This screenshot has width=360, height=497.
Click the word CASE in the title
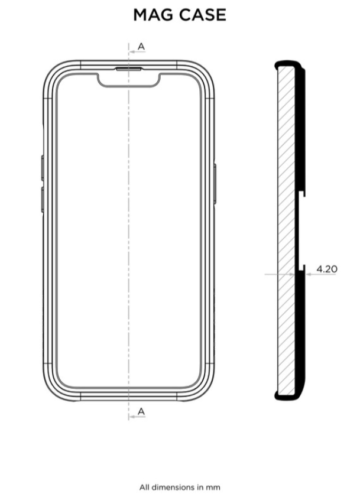[x=202, y=15]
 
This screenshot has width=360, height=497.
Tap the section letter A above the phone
[x=141, y=46]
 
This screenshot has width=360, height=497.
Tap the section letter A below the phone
[x=141, y=411]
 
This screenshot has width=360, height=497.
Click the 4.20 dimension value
[x=327, y=269]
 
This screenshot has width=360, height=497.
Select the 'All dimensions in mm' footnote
[x=180, y=487]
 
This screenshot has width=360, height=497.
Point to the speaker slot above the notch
[x=129, y=69]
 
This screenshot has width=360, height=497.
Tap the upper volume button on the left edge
[x=43, y=168]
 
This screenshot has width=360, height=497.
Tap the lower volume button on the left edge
[x=43, y=200]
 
